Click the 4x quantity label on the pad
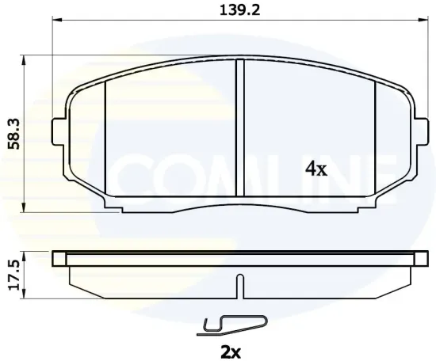coord(316,168)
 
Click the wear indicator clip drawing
coord(234,323)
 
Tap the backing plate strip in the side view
coord(238,258)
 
